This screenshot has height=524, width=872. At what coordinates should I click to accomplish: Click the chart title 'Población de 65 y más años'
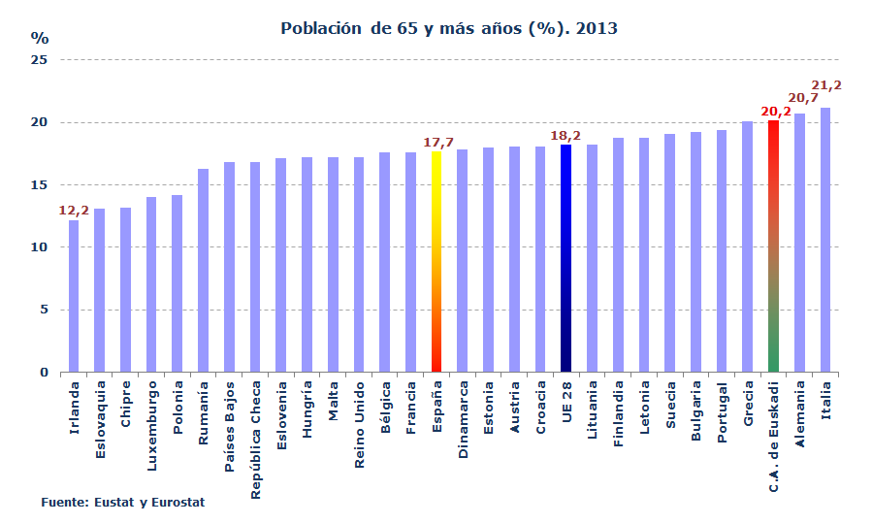tap(448, 29)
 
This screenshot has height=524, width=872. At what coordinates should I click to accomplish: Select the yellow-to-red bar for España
tap(436, 262)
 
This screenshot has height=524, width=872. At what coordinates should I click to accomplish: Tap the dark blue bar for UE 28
tap(565, 258)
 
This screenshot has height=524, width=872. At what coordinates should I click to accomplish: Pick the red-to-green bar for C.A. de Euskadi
tap(773, 246)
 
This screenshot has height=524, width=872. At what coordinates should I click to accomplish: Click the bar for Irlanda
tap(74, 296)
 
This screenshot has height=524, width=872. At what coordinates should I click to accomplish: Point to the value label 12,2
tap(74, 210)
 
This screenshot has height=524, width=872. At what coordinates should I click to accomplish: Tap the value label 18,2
tap(565, 135)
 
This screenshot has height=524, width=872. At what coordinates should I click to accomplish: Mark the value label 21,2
tap(825, 85)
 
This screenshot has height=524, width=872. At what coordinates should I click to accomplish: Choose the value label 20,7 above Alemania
tap(801, 98)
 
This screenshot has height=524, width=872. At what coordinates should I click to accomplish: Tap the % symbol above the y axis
tap(40, 38)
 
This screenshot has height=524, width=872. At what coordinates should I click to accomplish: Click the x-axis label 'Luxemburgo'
tap(151, 430)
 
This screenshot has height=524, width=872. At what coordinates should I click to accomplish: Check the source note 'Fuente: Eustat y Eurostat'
tap(122, 503)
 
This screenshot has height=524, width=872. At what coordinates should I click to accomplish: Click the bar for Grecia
tap(747, 246)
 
